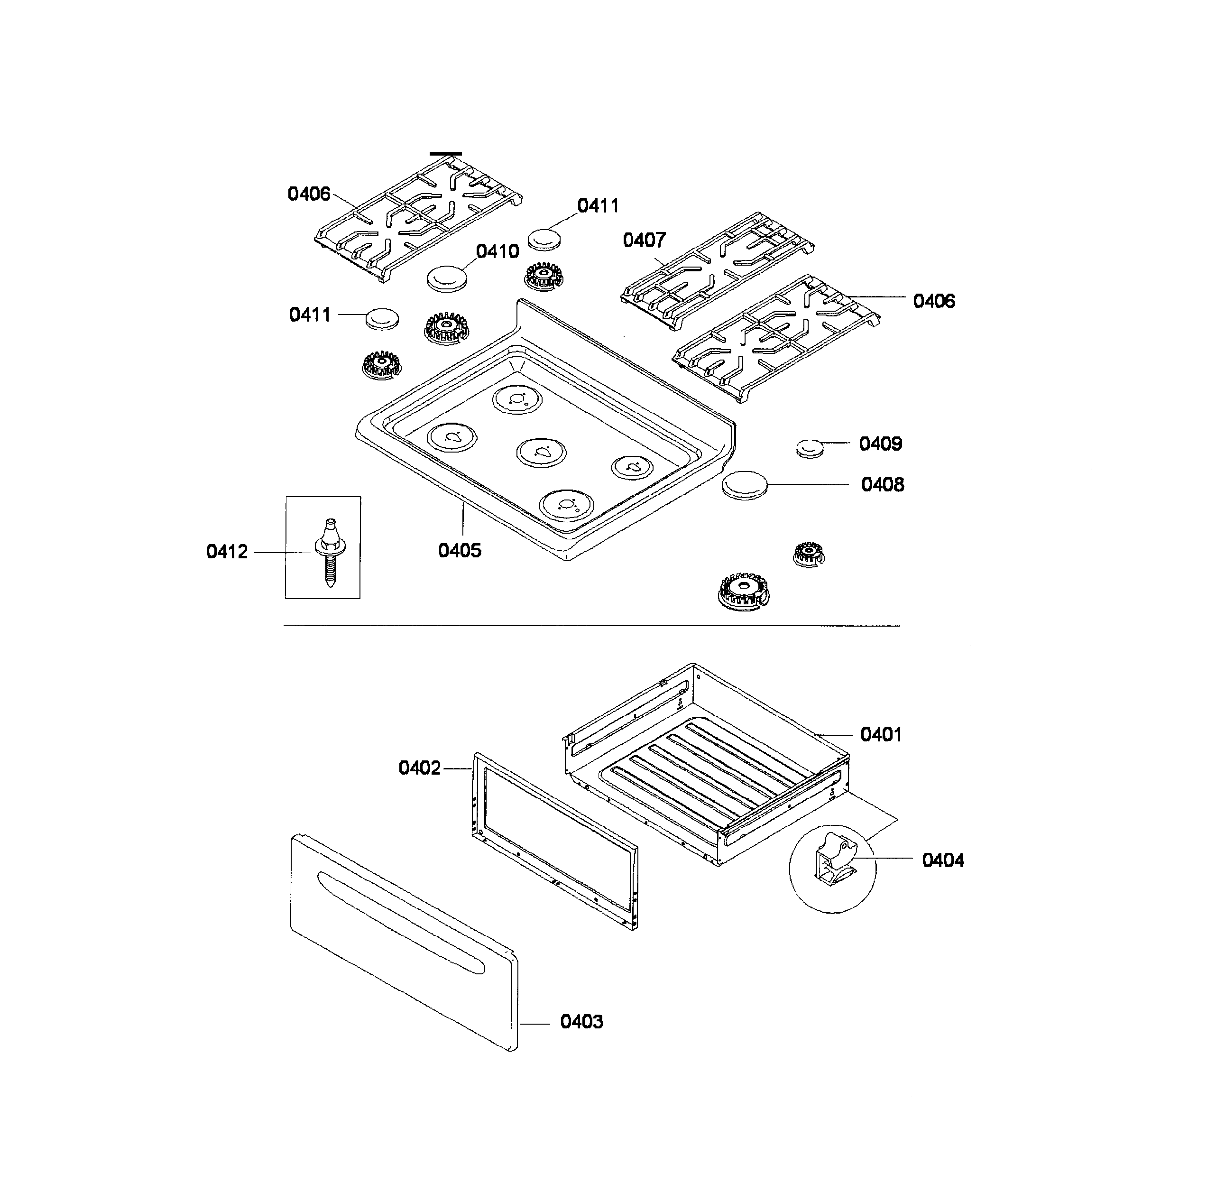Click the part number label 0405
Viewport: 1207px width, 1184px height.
pyautogui.click(x=460, y=550)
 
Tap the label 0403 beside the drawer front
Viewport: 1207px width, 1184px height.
pyautogui.click(x=581, y=1022)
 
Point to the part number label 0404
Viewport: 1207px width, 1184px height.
pyautogui.click(x=943, y=860)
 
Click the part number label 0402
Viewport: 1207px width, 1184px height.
pyautogui.click(x=420, y=768)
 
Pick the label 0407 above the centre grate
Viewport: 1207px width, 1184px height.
pyautogui.click(x=644, y=240)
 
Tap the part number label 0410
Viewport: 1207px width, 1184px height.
pyautogui.click(x=498, y=251)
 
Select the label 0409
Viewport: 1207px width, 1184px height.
pyautogui.click(x=880, y=444)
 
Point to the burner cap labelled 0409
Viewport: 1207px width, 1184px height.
pyautogui.click(x=810, y=448)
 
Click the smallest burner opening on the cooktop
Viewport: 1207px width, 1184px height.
pyautogui.click(x=632, y=467)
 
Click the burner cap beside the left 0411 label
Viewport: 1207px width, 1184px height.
pyautogui.click(x=382, y=319)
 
